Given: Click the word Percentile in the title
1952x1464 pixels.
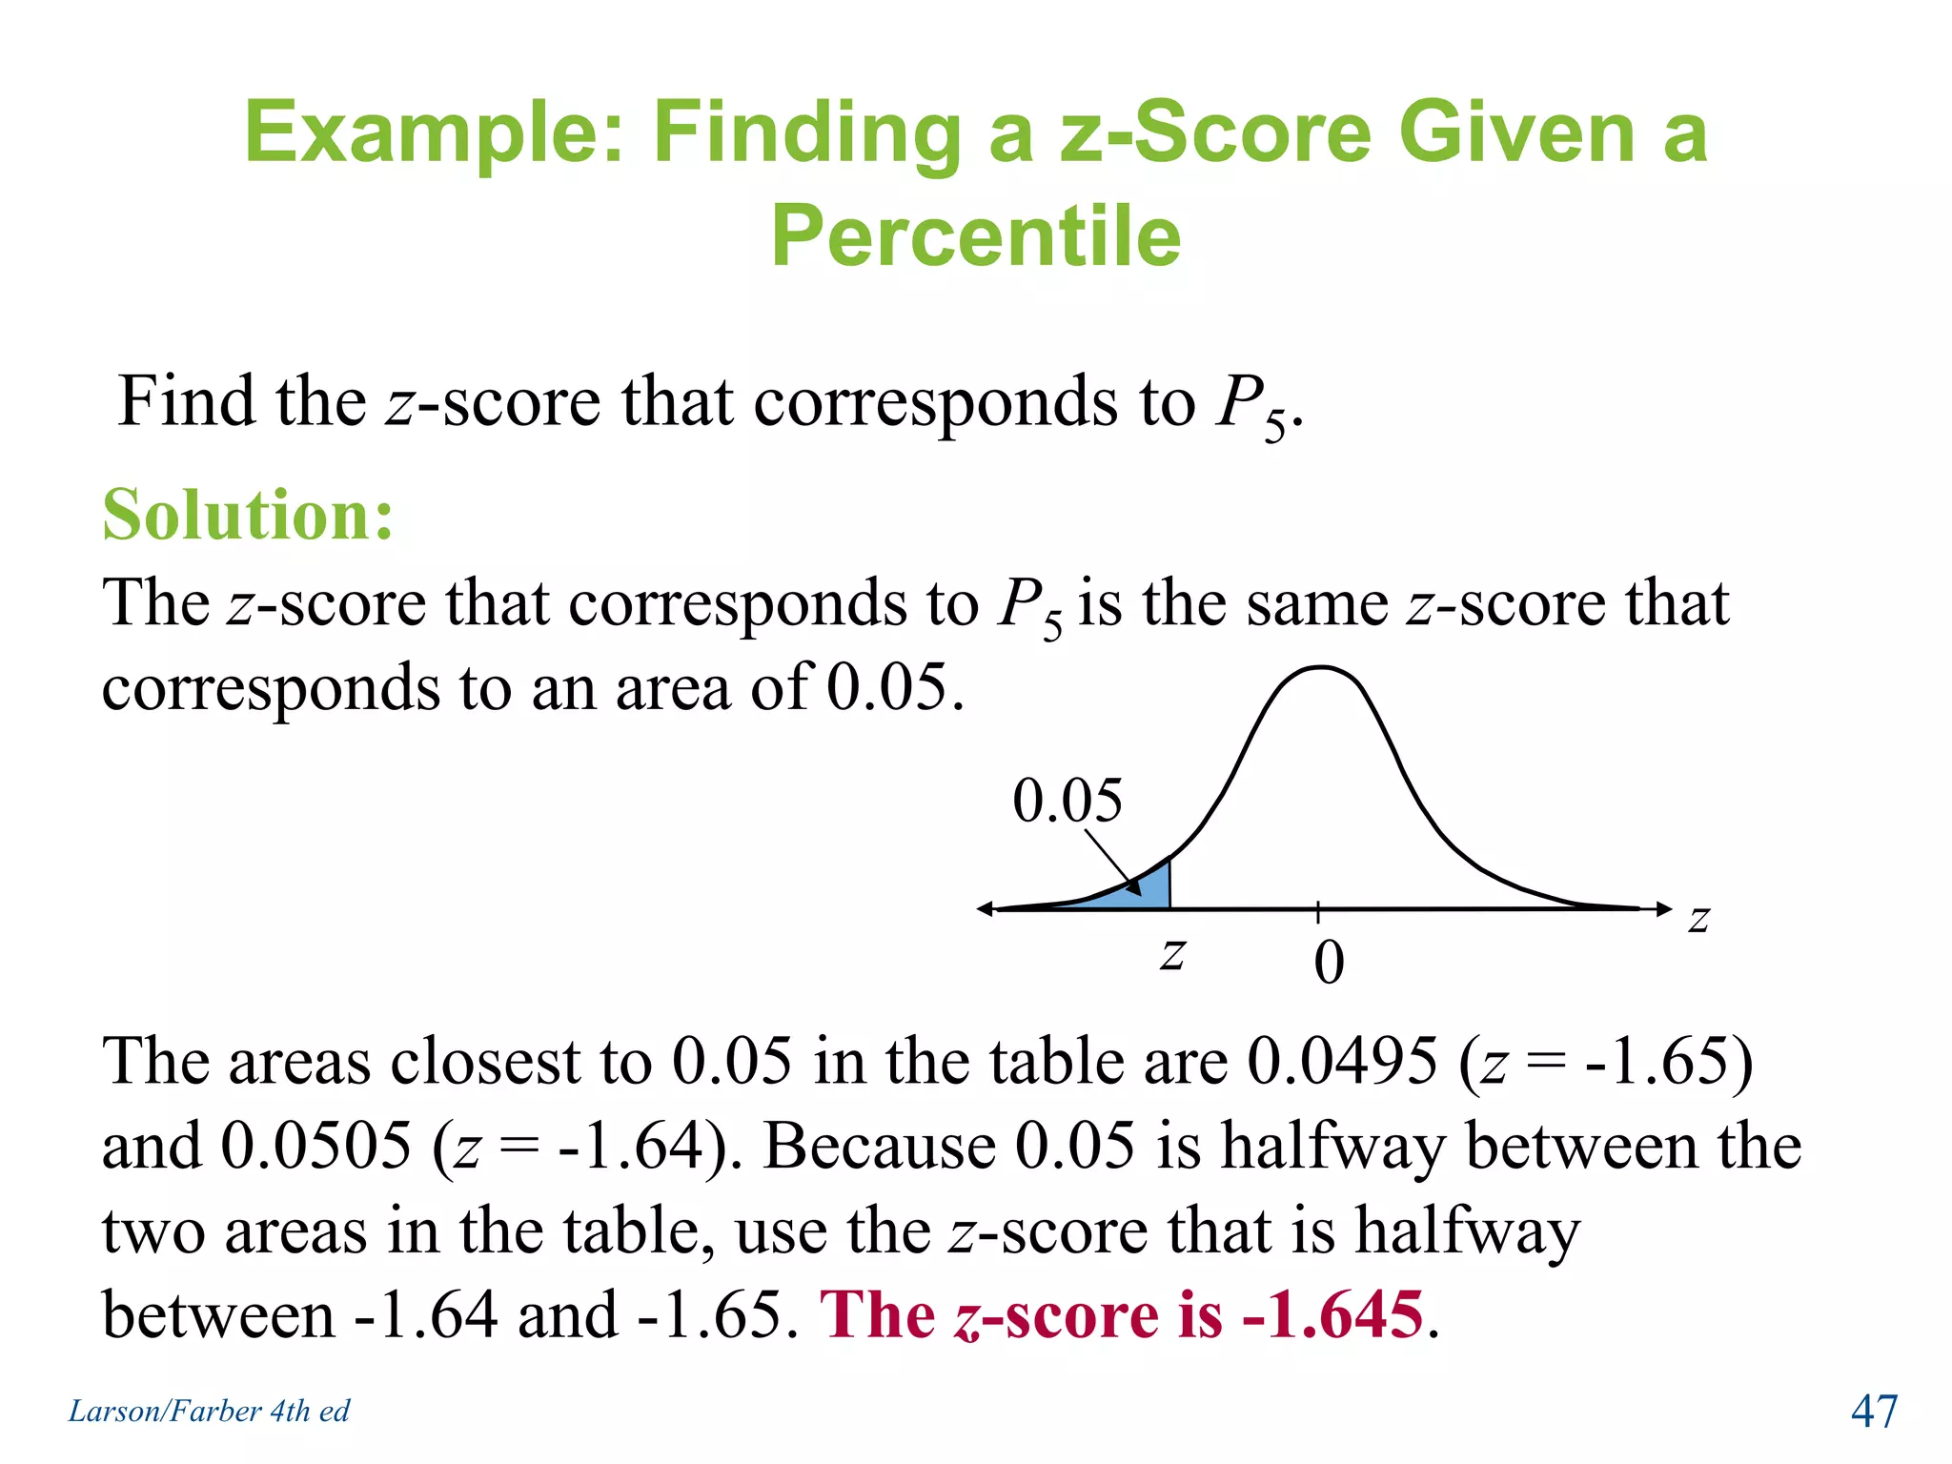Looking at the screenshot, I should point(976,235).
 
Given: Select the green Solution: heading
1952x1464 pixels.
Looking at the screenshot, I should point(248,515).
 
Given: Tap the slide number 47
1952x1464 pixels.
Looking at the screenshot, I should point(1874,1411).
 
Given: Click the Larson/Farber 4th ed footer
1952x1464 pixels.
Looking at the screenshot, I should point(209,1411).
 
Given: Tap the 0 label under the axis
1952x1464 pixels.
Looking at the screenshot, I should point(1329,963).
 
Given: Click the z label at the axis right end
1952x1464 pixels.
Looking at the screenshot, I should point(1699,918).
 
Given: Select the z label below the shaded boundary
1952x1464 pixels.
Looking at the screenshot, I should point(1172,952).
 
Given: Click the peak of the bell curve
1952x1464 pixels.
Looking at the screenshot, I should point(1320,668).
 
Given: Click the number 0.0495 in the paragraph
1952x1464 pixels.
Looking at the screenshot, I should point(1341,1061).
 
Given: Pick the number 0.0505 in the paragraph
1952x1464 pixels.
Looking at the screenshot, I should point(315,1145).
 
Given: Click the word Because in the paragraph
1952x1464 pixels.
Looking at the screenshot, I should point(879,1145).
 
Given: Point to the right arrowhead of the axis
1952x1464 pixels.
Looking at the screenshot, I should point(1663,908).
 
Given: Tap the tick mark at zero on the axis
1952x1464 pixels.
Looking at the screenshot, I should point(1318,910).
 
